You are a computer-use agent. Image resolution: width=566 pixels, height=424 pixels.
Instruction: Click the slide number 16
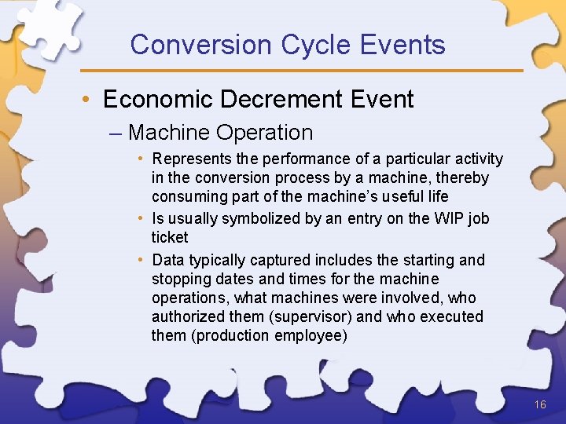(x=539, y=404)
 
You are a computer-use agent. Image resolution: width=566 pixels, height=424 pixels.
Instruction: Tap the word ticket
(x=170, y=237)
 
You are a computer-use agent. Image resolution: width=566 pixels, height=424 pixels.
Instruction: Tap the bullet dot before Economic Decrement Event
(x=92, y=101)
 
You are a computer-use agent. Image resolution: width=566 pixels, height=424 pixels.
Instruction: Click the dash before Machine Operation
(x=118, y=133)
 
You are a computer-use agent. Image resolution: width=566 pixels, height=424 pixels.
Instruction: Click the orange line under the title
(x=314, y=71)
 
